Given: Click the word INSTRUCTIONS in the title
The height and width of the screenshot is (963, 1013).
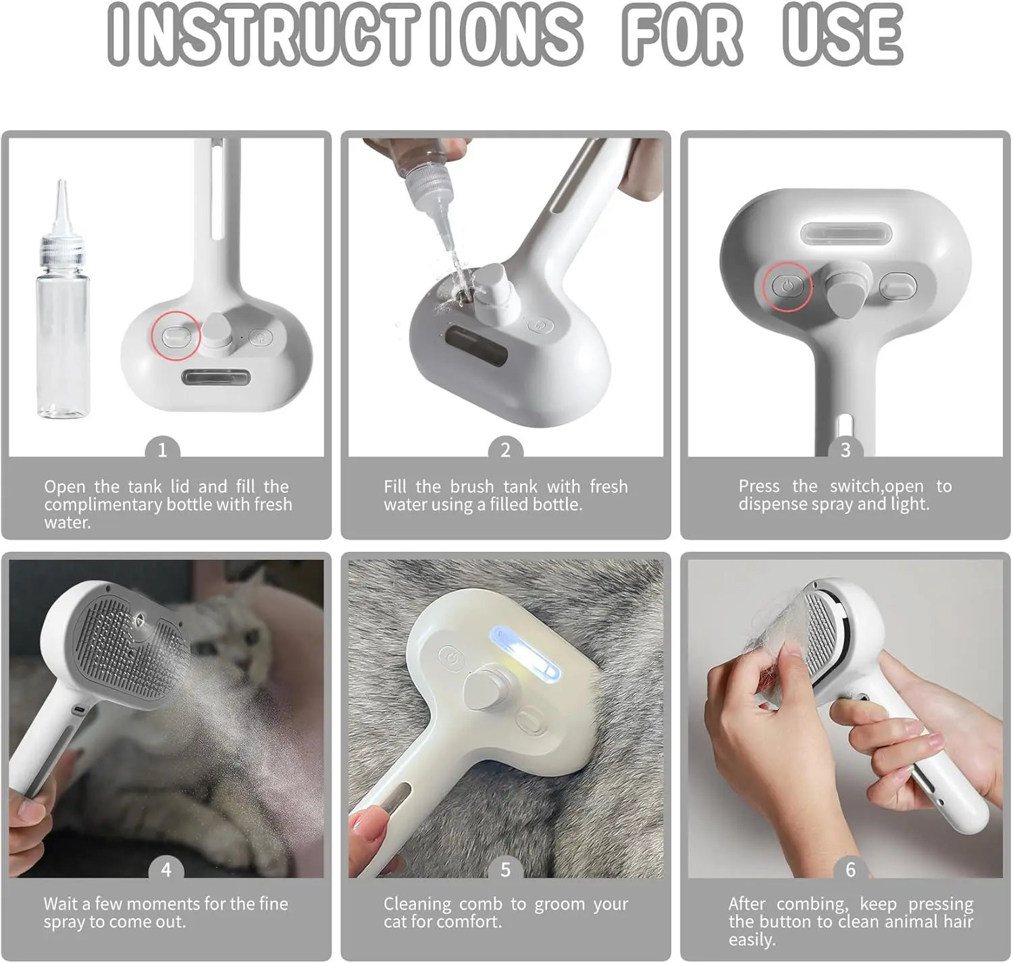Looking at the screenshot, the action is click(345, 34).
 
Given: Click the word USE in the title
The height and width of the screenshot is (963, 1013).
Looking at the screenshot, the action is click(843, 34).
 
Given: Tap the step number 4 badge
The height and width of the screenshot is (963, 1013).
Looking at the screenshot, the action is click(166, 870).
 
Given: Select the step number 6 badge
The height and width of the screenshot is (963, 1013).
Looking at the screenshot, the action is click(850, 870).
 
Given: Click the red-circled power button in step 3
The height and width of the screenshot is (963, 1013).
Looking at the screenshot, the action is click(787, 286).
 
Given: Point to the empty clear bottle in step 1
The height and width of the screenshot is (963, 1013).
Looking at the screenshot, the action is click(63, 299).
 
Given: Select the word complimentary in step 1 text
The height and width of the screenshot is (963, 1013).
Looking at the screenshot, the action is click(103, 505).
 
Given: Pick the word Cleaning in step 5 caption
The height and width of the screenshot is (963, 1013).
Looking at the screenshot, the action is click(417, 905).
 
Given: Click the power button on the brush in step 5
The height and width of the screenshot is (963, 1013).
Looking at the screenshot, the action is click(452, 658).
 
